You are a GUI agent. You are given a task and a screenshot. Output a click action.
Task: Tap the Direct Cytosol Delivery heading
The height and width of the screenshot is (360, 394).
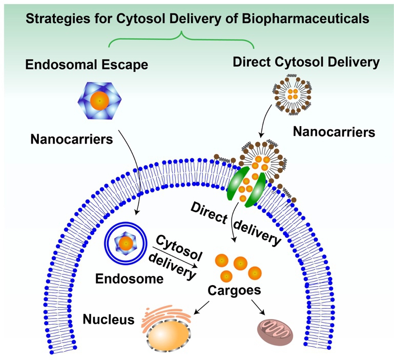pos(306,63)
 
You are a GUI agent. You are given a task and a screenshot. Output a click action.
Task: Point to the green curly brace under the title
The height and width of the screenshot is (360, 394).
pos(181,38)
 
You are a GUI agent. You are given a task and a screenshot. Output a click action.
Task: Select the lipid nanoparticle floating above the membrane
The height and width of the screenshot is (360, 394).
pos(294,94)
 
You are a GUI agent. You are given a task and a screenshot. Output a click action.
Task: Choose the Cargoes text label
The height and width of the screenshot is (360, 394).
pos(234,290)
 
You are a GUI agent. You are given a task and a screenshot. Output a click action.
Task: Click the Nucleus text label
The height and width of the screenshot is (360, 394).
pos(108,320)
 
